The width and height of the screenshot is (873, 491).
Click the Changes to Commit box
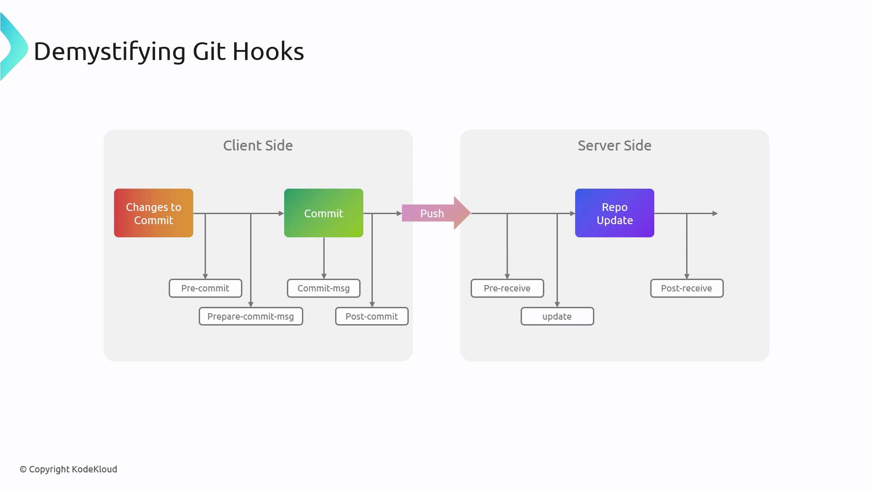(x=153, y=213)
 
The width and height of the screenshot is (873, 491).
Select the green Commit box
(x=323, y=213)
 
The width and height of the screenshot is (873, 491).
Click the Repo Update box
(x=614, y=213)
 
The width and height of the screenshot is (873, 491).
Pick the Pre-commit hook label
(x=205, y=288)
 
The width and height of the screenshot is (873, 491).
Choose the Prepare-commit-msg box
(x=251, y=316)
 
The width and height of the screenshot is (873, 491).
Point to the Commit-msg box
(x=323, y=288)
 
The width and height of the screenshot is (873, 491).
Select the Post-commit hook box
(x=371, y=316)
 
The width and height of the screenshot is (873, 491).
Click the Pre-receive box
(x=507, y=288)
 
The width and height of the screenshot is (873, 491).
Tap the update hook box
(x=557, y=316)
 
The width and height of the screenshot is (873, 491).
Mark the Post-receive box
(x=687, y=288)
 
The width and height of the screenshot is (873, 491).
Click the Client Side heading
(x=258, y=145)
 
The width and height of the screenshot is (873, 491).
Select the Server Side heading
(x=614, y=145)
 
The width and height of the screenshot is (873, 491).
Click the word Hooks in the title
(x=268, y=51)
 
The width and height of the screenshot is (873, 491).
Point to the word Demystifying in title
(x=110, y=51)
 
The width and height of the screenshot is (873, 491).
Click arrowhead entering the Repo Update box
(x=572, y=213)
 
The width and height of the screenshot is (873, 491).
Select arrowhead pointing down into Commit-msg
(x=324, y=276)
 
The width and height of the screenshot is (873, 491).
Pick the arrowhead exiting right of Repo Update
(x=715, y=213)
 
